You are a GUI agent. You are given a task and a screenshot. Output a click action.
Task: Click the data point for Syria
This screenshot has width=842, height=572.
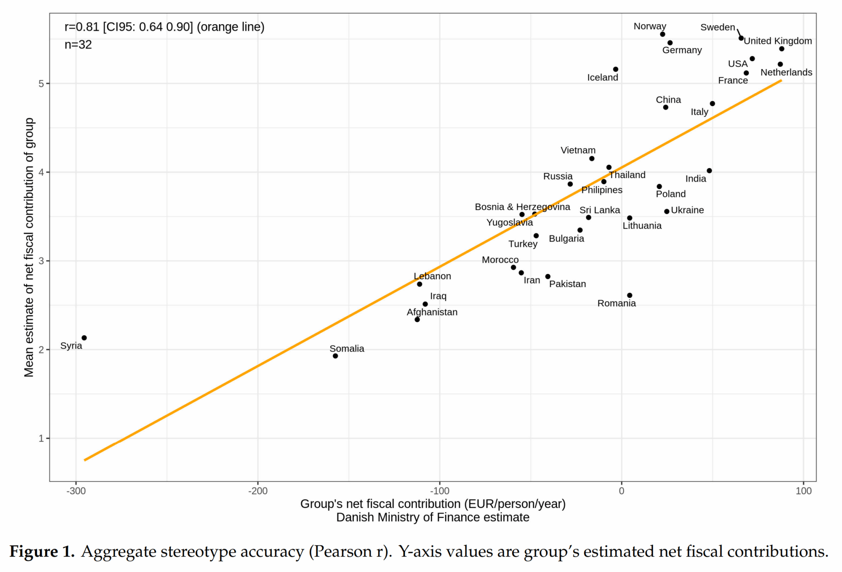coord(84,338)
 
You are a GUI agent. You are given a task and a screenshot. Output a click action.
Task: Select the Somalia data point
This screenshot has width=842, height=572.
coord(335,356)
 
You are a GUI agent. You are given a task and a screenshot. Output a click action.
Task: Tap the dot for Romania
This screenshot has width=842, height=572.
coord(629,295)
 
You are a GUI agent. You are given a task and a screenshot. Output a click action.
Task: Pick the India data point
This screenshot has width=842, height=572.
coord(709,171)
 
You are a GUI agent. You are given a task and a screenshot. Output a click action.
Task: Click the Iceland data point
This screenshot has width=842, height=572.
coord(615,69)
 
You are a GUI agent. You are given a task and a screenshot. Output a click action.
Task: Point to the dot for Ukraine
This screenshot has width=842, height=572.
coord(667,211)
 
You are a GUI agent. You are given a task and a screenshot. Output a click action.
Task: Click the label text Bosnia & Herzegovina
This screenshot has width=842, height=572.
coord(522,207)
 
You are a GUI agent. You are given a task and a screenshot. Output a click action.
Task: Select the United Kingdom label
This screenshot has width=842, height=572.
coord(777,41)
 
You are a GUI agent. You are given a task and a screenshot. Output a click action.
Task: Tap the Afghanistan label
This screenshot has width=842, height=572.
coord(432,312)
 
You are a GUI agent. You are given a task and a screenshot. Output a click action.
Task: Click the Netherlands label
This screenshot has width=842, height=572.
coord(786,72)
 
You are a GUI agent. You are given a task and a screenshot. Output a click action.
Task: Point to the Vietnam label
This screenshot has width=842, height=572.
coord(578,151)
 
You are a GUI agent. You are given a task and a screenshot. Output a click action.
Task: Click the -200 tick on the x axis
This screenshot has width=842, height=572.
coord(258,491)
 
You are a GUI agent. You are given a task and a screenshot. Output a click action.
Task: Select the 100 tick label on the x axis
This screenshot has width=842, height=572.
coord(803,491)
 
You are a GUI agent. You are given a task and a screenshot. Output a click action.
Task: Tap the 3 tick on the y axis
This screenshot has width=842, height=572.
coord(41,261)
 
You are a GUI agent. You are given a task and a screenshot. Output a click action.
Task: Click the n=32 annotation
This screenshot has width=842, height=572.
coord(78,45)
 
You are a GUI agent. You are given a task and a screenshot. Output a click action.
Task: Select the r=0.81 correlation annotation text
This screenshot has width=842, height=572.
coord(164,27)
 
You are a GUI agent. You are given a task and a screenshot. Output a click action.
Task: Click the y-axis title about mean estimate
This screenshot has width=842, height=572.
coord(29,247)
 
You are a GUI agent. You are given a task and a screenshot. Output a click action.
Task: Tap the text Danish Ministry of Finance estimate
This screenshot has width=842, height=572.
coord(433,517)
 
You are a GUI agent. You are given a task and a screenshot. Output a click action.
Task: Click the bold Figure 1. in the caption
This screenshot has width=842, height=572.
coord(42,551)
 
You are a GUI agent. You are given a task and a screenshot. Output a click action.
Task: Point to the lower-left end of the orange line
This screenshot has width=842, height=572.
coord(85,460)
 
